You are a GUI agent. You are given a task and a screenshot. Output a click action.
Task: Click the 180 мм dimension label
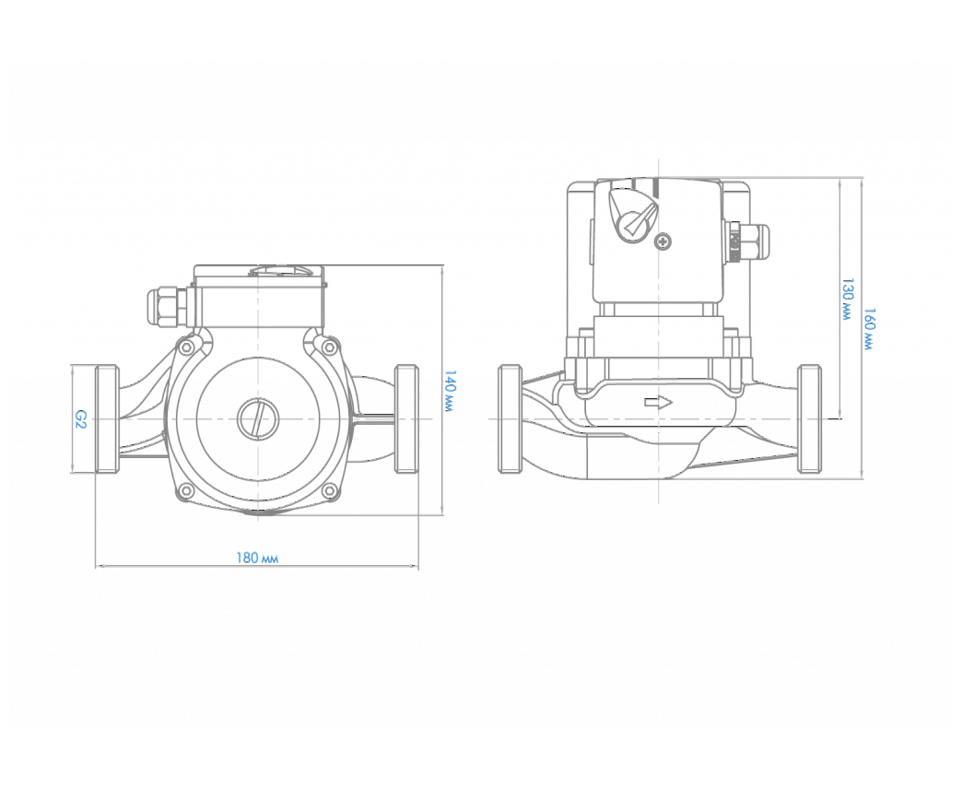click(257, 558)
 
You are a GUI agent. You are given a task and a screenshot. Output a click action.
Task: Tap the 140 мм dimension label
click(450, 391)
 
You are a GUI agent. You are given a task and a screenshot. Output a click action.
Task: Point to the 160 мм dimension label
click(869, 329)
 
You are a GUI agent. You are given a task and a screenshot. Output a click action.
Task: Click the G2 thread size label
click(80, 419)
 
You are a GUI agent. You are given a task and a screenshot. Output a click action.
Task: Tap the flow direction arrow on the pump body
click(658, 403)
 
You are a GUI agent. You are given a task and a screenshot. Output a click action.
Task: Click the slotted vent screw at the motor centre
click(258, 418)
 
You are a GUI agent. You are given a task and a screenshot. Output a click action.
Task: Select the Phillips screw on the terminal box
click(663, 241)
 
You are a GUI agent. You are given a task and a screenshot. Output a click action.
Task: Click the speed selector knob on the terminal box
click(632, 214)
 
